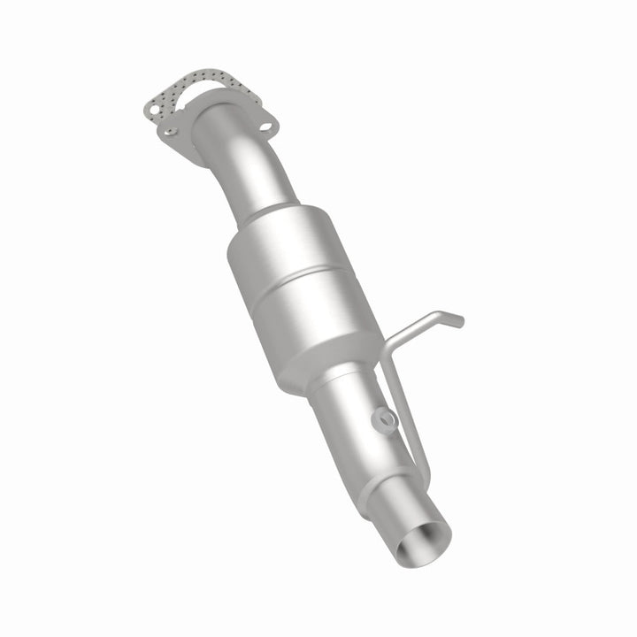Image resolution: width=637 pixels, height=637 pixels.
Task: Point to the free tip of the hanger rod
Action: tap(458, 322)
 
